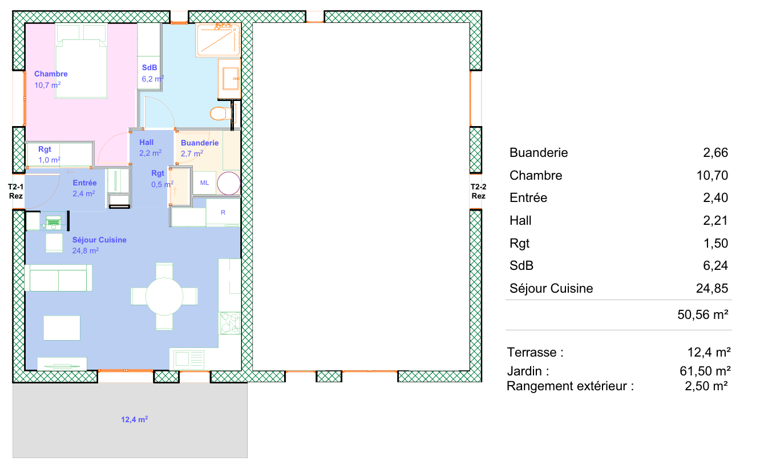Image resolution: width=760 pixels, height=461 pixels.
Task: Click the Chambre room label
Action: (x=51, y=74)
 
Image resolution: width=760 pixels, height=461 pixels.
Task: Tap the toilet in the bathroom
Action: (x=221, y=113)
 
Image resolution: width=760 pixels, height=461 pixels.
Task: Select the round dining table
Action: (x=164, y=296)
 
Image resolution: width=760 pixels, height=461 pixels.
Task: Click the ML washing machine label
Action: (x=204, y=183)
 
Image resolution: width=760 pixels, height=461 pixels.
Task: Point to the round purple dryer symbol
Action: (x=229, y=183)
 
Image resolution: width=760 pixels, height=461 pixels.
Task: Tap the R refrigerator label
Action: (x=223, y=212)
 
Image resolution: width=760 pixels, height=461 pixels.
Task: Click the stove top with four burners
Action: (x=230, y=323)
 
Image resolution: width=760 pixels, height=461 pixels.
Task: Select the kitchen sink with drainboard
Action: (x=189, y=359)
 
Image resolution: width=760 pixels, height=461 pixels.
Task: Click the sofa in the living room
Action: (x=58, y=278)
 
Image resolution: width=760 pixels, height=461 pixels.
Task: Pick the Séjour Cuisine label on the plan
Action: (x=99, y=240)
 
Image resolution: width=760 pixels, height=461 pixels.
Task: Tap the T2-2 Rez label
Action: (x=478, y=191)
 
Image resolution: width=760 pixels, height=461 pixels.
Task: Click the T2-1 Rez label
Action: (x=15, y=191)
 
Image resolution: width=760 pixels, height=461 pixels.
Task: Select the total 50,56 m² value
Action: (x=703, y=315)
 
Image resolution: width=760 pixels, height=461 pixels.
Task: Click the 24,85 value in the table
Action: (x=712, y=288)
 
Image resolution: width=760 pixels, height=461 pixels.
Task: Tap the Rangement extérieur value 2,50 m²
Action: (x=706, y=386)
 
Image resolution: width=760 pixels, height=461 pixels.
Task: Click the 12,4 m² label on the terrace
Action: (x=134, y=419)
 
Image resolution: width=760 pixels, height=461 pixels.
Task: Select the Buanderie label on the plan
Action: (x=200, y=143)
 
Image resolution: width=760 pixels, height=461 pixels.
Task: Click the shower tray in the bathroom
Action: (x=218, y=40)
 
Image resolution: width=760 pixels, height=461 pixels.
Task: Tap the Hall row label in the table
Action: (x=520, y=220)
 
